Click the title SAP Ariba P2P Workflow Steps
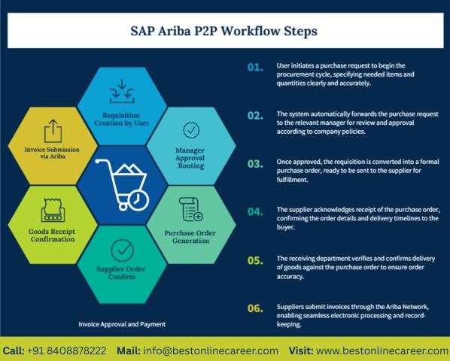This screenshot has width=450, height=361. pos(223,31)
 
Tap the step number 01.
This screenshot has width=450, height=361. pos(255,68)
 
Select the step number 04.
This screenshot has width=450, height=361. pos(255,212)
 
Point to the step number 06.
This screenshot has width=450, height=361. pos(255,308)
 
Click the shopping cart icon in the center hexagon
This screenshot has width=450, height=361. pos(122,185)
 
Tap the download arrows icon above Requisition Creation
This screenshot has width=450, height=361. pos(122,91)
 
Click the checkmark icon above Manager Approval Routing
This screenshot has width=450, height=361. pos(191,130)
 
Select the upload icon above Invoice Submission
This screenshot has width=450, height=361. pos(53,131)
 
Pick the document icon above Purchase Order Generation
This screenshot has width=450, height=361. pos(191,209)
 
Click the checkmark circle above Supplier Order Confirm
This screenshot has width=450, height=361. pos(122,250)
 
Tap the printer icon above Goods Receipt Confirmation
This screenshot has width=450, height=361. pos(53,210)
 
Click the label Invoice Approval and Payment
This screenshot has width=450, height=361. pos(122,324)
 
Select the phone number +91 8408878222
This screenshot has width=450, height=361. pos(66,350)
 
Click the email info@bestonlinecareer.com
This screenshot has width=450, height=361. pos(211,350)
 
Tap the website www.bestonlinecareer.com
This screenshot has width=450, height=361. pos(382,350)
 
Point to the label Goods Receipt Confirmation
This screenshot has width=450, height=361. pos(52,235)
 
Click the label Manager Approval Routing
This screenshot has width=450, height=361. pos(190,158)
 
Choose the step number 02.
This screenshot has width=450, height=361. pos(255,116)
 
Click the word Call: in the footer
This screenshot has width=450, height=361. pos(14,350)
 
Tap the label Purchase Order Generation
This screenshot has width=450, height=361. pos(190,237)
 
